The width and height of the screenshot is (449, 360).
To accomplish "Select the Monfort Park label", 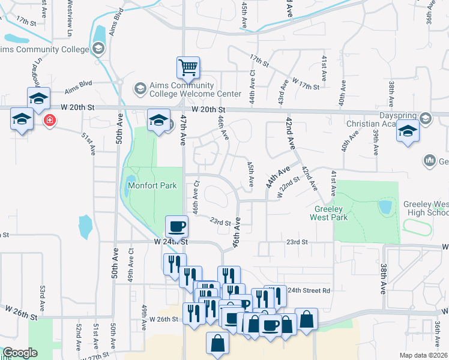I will point(152,185).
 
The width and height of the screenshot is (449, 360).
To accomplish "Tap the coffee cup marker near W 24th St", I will point(177,227).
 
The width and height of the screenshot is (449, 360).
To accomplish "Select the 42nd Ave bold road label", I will point(291,134).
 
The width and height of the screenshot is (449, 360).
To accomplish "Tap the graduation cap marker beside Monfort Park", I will point(158,119).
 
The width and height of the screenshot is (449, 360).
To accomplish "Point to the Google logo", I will point(20,353).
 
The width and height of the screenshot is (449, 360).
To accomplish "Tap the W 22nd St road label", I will point(289,186).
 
